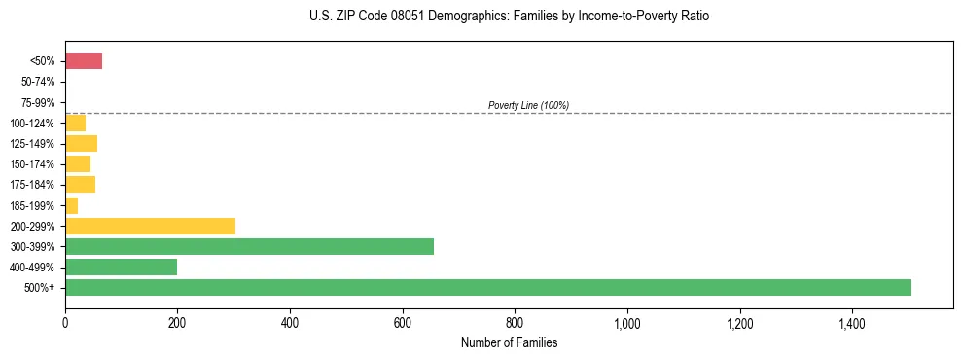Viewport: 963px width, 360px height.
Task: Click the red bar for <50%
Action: (84, 61)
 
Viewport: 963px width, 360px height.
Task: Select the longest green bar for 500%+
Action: (487, 287)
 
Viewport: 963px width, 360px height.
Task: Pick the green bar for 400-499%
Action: (121, 267)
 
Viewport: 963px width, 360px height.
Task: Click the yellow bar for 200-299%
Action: (150, 226)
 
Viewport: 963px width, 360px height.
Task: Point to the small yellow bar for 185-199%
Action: (71, 205)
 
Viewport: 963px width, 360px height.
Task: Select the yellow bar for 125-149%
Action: (81, 144)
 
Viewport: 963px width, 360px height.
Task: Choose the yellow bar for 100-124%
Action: (75, 124)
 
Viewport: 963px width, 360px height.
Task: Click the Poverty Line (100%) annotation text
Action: (528, 105)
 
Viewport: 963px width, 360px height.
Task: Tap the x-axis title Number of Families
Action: (509, 343)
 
